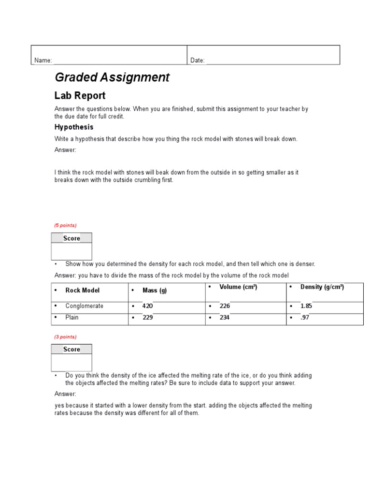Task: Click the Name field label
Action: [x=43, y=60]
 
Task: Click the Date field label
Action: [x=198, y=60]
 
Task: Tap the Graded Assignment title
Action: [x=112, y=77]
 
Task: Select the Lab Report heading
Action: [x=80, y=96]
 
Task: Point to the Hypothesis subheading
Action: [x=74, y=127]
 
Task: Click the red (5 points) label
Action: [x=65, y=225]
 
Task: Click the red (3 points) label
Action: [x=65, y=336]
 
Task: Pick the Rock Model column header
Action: [x=83, y=291]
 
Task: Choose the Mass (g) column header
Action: [x=154, y=291]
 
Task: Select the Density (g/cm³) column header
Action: [x=322, y=287]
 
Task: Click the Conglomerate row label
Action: [x=84, y=306]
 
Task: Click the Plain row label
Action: [x=72, y=318]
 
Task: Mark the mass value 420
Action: [x=147, y=306]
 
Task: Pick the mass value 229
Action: [x=147, y=318]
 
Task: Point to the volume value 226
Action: [x=225, y=306]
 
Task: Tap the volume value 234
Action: [x=225, y=318]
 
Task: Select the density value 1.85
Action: [x=306, y=306]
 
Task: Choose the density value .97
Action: [x=305, y=318]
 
